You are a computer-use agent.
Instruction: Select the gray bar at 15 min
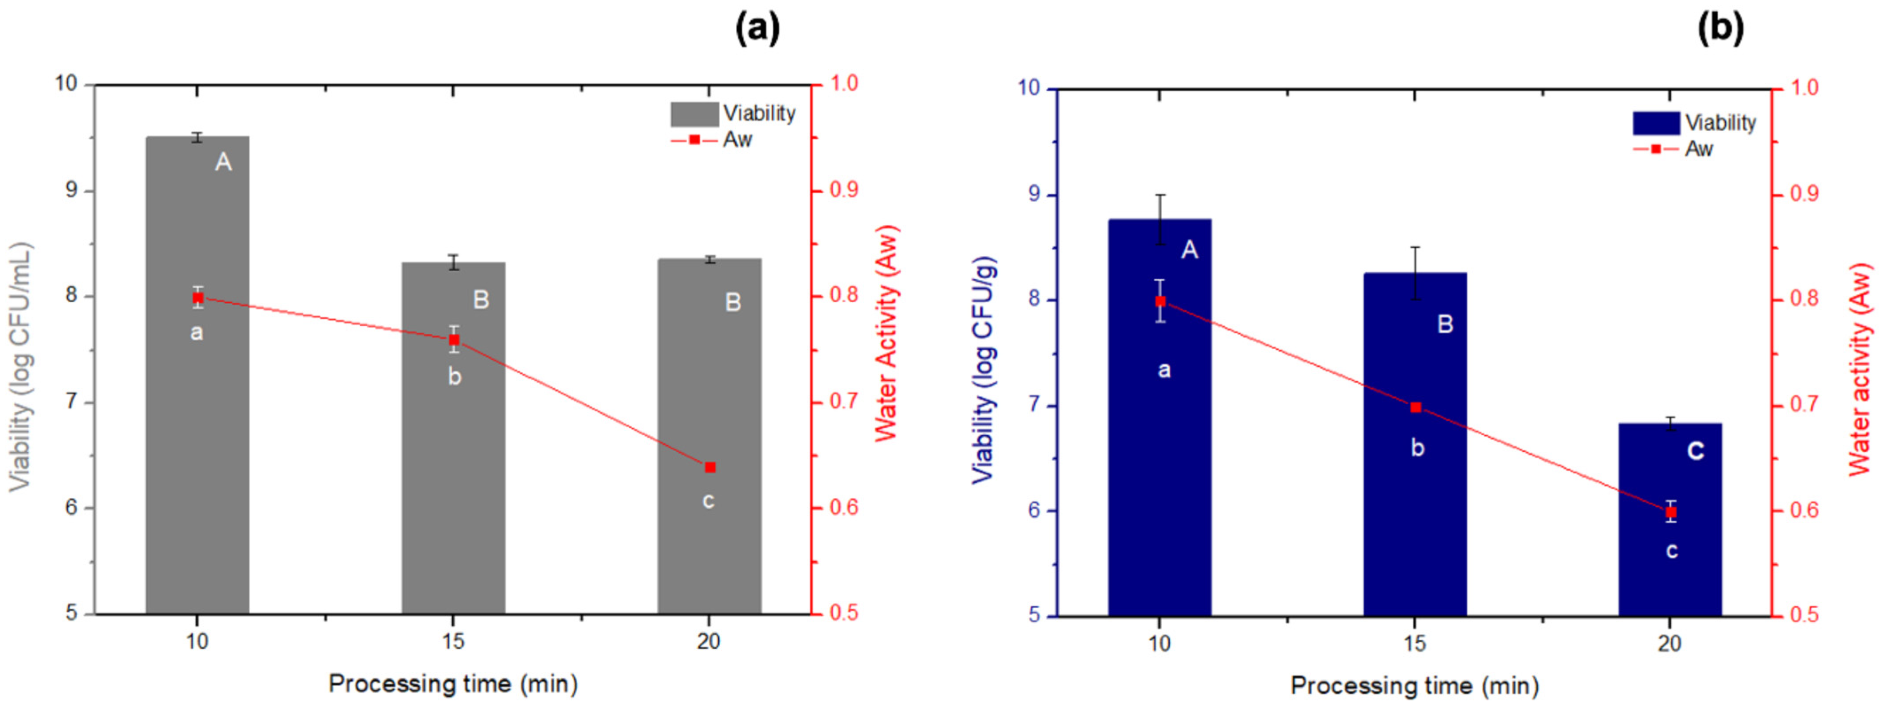click(453, 438)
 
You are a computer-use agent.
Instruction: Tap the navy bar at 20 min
click(1670, 520)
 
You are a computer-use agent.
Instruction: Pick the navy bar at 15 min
click(1415, 444)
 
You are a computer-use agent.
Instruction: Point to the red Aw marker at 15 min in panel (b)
click(1416, 407)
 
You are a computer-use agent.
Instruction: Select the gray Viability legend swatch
click(695, 114)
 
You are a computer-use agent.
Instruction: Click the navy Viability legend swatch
click(1657, 123)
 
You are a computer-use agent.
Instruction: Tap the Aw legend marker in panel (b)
click(1656, 149)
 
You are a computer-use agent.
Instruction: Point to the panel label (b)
click(1721, 29)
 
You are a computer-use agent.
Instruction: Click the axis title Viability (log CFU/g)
click(984, 370)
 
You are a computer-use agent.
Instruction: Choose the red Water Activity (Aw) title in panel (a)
click(887, 333)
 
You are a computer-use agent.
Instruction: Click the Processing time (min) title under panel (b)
click(1414, 686)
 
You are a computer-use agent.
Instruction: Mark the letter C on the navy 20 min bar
click(1696, 451)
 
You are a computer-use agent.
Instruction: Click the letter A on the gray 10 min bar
click(223, 162)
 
